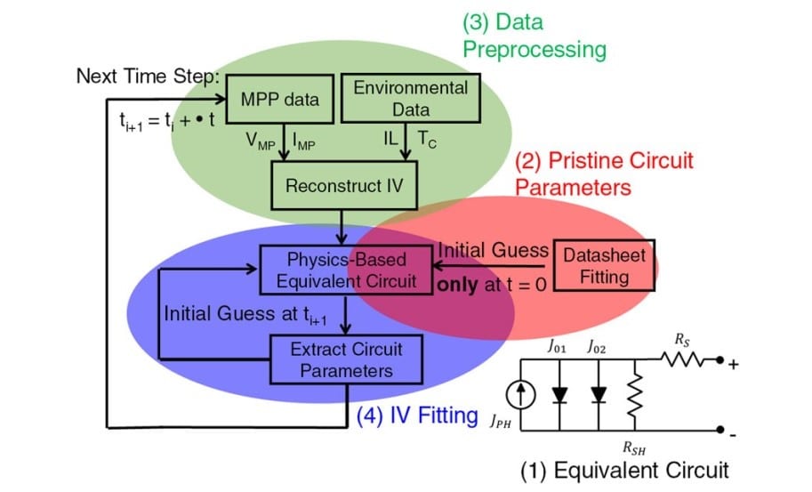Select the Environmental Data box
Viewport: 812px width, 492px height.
(x=410, y=99)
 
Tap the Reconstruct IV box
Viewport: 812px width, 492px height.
(x=344, y=186)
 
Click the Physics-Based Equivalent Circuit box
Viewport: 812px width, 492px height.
(x=346, y=270)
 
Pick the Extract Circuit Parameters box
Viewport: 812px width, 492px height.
(x=346, y=359)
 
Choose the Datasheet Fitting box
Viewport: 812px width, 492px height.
(x=604, y=265)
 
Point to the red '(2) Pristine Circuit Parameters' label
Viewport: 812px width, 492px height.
(x=604, y=173)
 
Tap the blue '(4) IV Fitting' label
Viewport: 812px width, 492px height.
(x=417, y=415)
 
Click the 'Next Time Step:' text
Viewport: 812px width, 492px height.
(x=147, y=77)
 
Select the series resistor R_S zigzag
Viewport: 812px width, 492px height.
(x=687, y=360)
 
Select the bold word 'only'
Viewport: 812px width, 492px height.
(x=457, y=286)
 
